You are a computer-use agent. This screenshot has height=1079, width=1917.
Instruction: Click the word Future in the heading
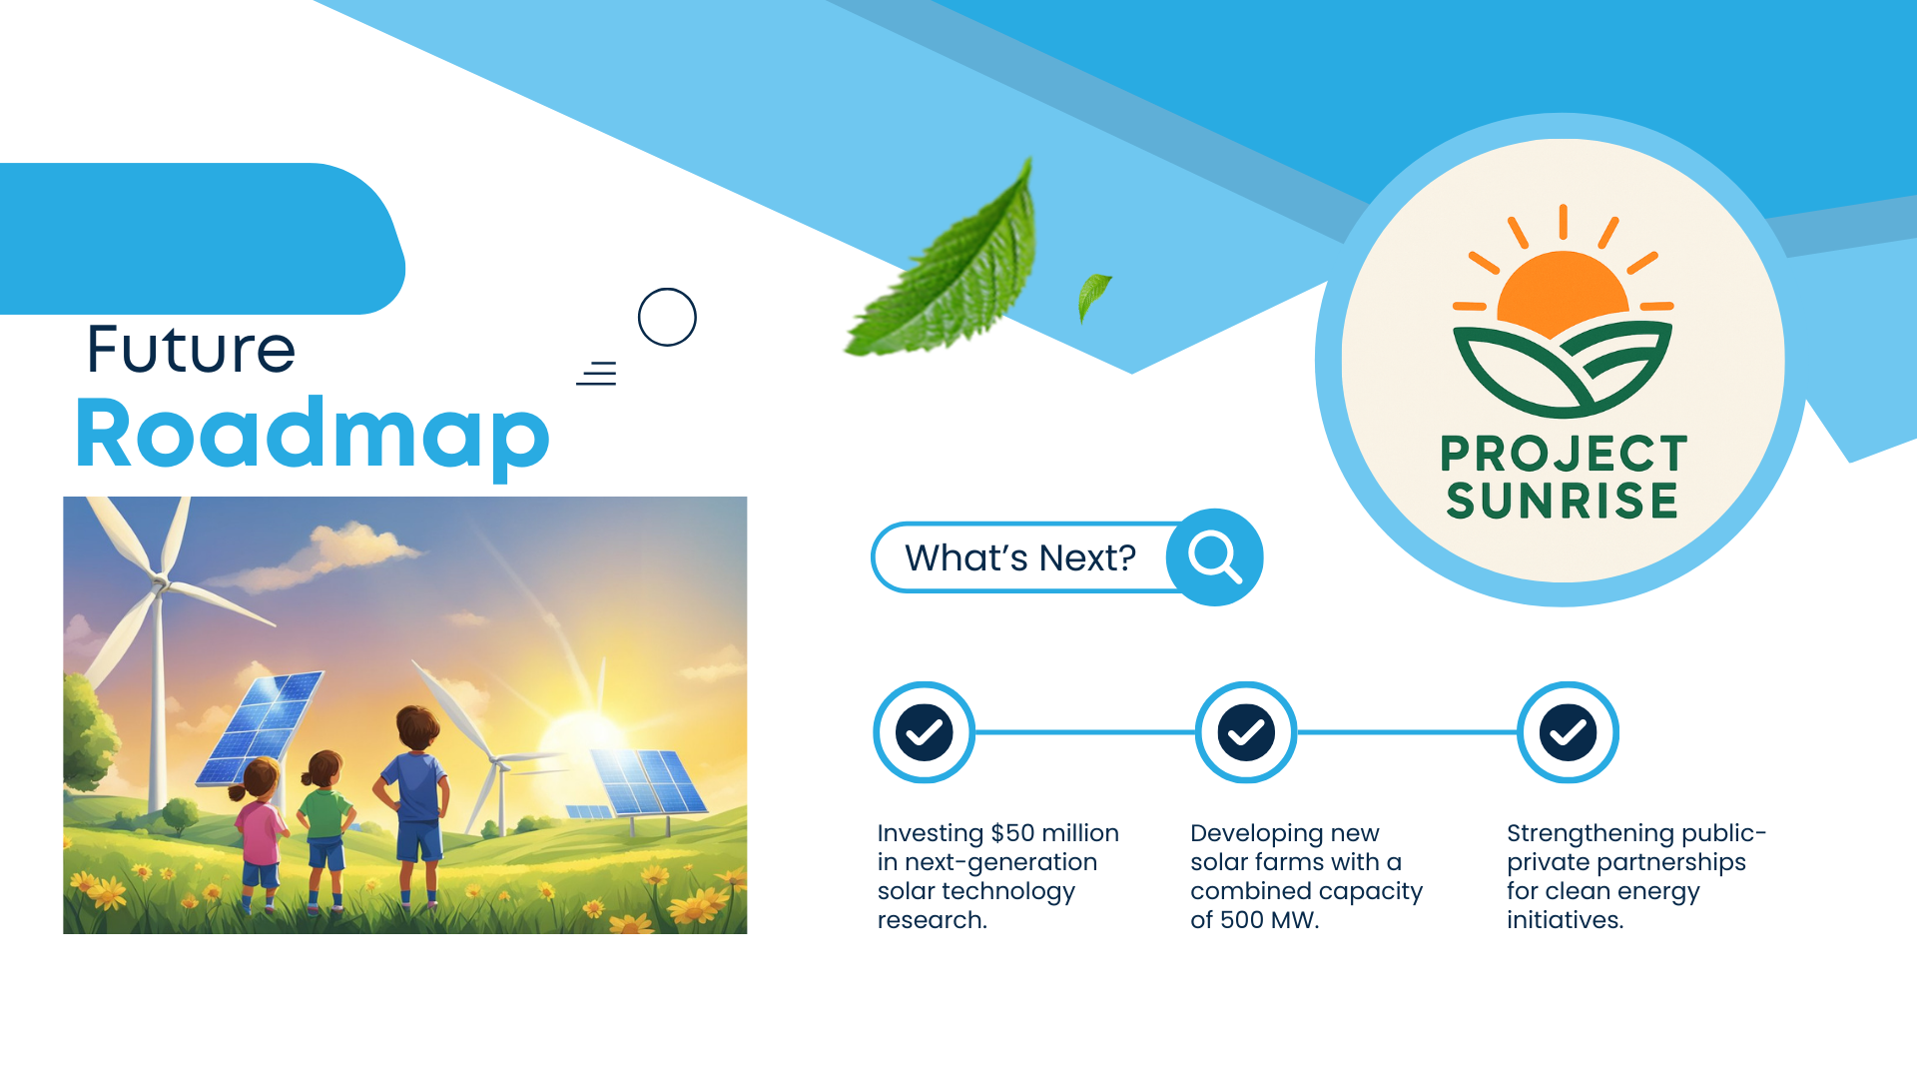tap(191, 349)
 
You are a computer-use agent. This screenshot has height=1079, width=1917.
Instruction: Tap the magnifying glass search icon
tap(1214, 556)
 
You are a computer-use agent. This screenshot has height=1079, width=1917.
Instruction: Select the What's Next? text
tap(1020, 557)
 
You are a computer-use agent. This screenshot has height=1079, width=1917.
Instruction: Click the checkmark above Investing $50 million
tap(924, 732)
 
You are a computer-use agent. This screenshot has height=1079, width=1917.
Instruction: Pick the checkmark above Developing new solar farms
tap(1246, 732)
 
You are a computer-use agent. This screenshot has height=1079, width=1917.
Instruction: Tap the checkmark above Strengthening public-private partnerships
tap(1568, 732)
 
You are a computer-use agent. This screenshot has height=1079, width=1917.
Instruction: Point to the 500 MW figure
tap(1268, 920)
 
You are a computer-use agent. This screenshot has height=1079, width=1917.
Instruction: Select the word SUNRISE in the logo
tap(1563, 501)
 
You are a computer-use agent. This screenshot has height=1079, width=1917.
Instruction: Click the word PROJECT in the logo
tap(1564, 454)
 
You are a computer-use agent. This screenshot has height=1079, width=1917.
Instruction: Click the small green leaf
tap(1093, 297)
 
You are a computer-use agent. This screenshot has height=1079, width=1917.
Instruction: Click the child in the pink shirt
tap(259, 834)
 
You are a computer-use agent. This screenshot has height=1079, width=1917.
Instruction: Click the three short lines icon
tap(597, 374)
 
